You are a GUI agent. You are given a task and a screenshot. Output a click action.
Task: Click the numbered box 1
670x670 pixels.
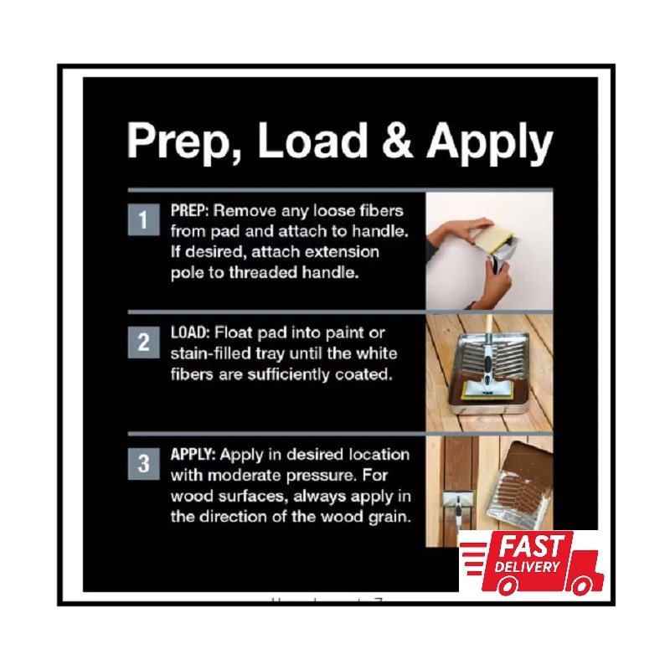click(142, 220)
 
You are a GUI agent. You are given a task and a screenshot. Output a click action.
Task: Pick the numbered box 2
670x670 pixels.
click(142, 343)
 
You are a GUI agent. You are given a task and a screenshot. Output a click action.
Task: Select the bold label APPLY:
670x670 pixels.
click(194, 455)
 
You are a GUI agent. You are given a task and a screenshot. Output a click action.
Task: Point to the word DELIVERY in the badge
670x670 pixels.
click(528, 567)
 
